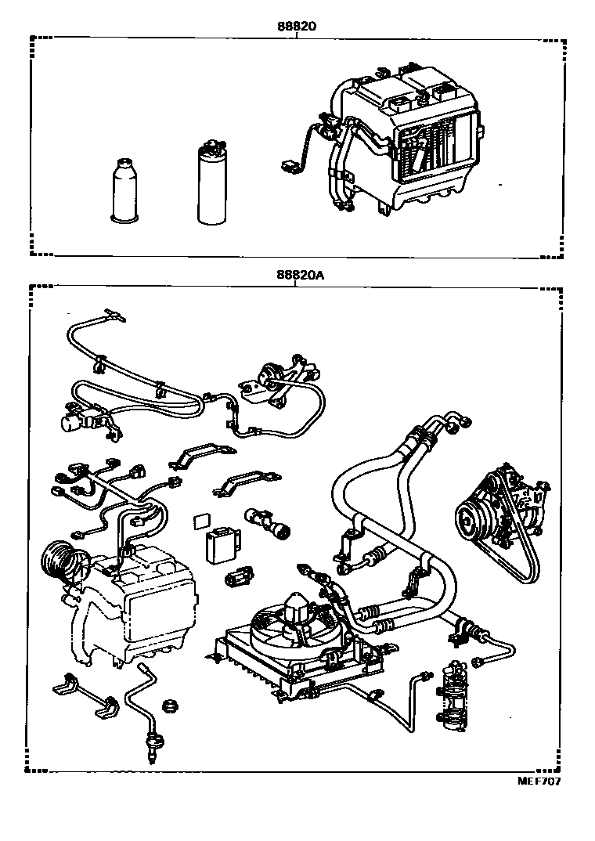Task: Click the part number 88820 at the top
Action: (x=295, y=25)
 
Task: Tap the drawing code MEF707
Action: (x=539, y=781)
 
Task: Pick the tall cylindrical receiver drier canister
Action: (x=211, y=182)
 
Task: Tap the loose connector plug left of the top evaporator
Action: (x=288, y=165)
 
